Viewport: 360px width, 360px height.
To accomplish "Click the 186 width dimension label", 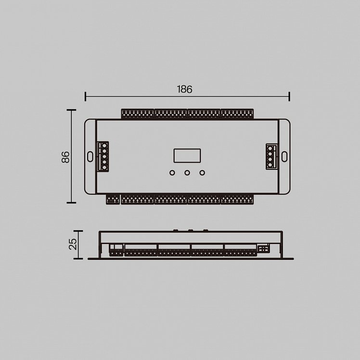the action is tap(184, 90).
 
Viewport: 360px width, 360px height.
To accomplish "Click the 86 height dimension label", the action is tap(65, 157).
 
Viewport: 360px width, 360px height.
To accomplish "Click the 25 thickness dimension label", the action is tap(73, 244).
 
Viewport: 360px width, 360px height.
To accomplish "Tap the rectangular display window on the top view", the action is tap(187, 155).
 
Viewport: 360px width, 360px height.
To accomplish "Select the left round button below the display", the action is tap(172, 172).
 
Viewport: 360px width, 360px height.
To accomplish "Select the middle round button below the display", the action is tap(187, 172).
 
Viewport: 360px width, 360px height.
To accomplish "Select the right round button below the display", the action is tap(202, 172).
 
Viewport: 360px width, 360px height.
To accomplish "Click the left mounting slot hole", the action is tap(90, 156).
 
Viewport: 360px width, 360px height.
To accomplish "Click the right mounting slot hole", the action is tap(284, 156).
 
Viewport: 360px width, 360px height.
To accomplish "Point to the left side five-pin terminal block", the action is tap(103, 156).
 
